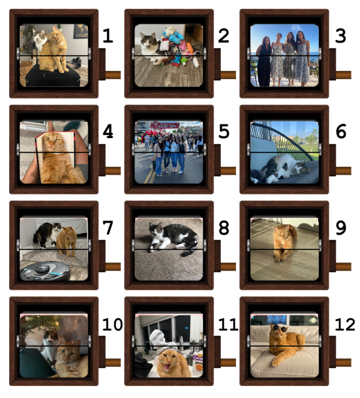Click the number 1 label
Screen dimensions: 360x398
(x=107, y=36)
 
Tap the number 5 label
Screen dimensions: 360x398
(x=224, y=131)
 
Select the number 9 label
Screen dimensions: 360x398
(x=341, y=227)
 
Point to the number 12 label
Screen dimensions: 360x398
(x=345, y=324)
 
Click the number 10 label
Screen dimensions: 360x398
(x=113, y=324)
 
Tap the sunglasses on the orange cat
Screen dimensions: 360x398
(x=279, y=328)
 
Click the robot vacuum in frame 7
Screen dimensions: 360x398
(x=45, y=271)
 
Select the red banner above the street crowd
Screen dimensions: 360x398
(x=165, y=125)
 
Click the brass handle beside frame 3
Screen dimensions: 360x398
(x=343, y=75)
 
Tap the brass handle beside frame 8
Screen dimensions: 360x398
(x=228, y=267)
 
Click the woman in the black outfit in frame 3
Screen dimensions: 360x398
(x=263, y=61)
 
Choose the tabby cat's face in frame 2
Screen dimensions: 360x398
(x=148, y=40)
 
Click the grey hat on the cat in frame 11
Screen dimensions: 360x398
(x=166, y=346)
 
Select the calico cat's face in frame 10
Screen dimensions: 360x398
(x=51, y=335)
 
